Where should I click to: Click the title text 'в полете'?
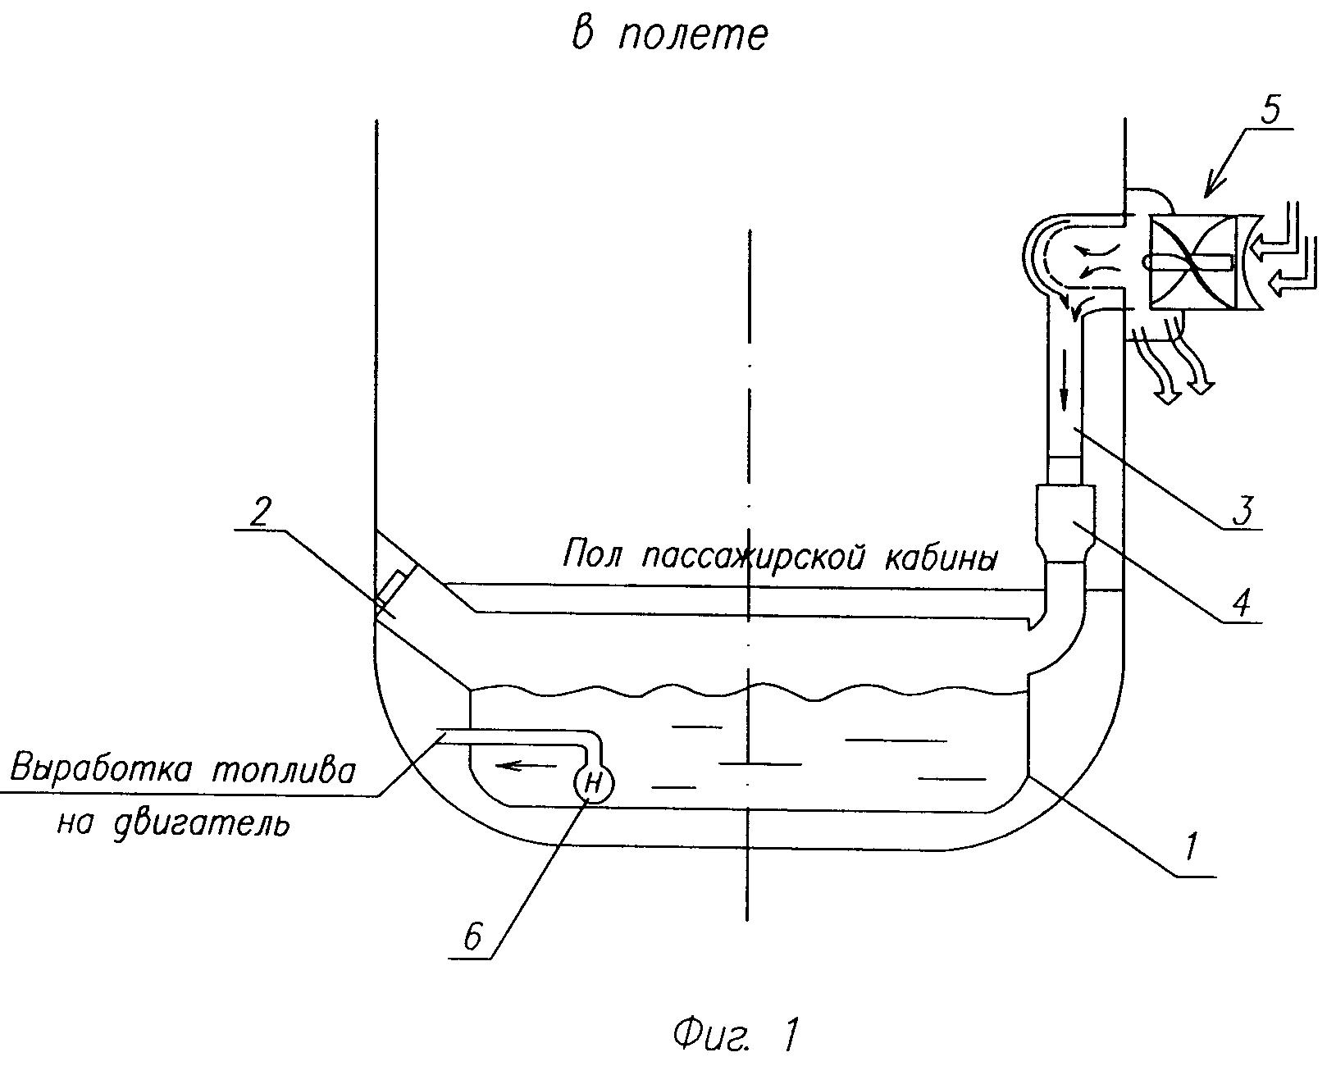[668, 35]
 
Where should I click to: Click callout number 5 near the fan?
[1270, 111]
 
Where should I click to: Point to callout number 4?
[1240, 602]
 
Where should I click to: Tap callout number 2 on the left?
[260, 512]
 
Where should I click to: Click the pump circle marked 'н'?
[594, 784]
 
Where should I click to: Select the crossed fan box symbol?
[1192, 262]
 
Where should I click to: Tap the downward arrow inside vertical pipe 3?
[1065, 380]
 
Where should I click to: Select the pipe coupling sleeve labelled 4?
[1065, 523]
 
